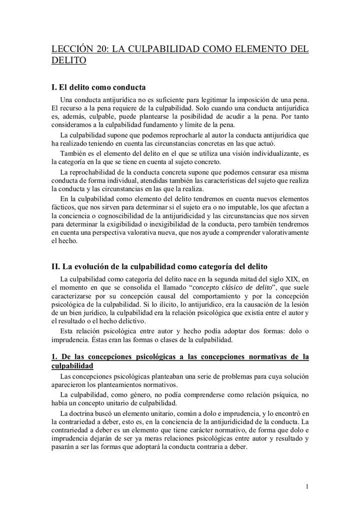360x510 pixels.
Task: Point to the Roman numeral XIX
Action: (293, 279)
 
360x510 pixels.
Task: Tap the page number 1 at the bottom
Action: (307, 485)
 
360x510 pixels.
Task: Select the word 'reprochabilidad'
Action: (94, 171)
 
